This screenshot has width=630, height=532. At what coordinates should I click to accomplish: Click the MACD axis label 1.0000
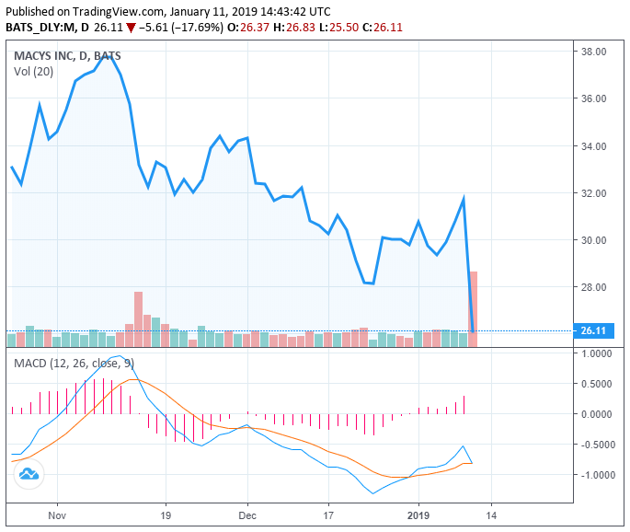[597, 353]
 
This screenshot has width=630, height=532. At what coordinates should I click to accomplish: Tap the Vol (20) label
[32, 71]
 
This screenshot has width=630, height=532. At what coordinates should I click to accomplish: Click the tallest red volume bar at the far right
[474, 308]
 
